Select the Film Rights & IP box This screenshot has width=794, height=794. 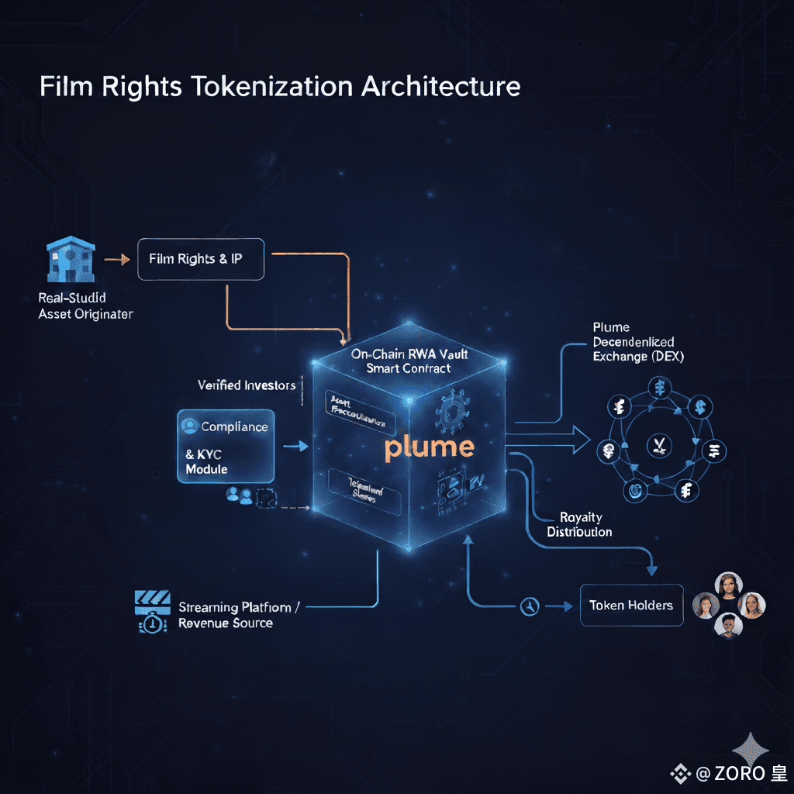pos(201,259)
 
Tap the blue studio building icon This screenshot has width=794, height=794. pos(71,260)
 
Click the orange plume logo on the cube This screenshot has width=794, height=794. pos(428,447)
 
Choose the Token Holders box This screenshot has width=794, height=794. pos(631,606)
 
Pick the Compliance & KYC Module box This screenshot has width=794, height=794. pos(226,446)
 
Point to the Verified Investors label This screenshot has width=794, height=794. pos(247,385)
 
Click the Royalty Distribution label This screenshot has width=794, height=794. pos(579,525)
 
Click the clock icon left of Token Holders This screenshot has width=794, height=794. pos(530,606)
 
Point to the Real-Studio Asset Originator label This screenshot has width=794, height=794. pos(85,306)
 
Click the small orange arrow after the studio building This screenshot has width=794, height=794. pos(116,260)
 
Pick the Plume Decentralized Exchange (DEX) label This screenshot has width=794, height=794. pos(633,342)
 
